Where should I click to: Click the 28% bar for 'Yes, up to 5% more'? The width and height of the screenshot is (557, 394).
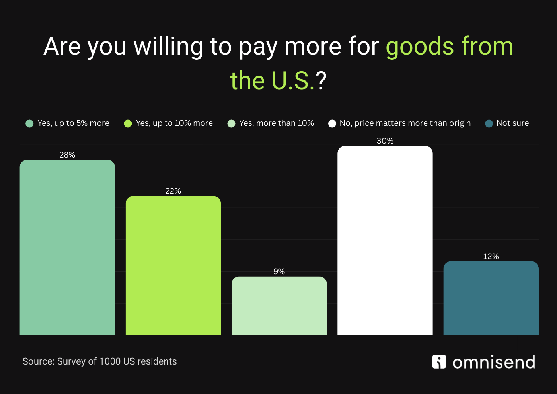point(67,247)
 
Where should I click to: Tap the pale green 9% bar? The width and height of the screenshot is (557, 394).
point(279,306)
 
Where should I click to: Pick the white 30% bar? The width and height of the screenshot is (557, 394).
point(385,240)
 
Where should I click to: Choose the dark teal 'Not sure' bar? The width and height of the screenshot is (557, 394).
point(491,298)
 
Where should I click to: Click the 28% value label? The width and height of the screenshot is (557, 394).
point(67,155)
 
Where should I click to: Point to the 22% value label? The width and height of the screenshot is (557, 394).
point(173,191)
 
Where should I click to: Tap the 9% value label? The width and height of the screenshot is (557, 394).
point(279,271)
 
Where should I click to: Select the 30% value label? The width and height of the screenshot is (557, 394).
point(385,141)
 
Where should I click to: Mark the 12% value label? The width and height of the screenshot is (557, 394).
point(491,256)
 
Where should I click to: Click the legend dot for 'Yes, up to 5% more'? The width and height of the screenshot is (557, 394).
point(29,123)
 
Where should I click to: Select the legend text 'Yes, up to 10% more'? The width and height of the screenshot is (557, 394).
point(174,123)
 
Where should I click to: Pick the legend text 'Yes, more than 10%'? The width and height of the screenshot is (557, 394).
point(277,123)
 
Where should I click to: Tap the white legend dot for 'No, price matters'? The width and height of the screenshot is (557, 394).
point(332,123)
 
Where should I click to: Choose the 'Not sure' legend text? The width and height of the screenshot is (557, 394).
point(512,123)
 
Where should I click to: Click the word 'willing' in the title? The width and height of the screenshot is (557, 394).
point(168,47)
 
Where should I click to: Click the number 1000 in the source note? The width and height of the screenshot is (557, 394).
point(110,361)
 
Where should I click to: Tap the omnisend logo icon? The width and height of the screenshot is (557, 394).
point(439,362)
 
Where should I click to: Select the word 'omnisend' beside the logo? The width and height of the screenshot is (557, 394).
point(494,362)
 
